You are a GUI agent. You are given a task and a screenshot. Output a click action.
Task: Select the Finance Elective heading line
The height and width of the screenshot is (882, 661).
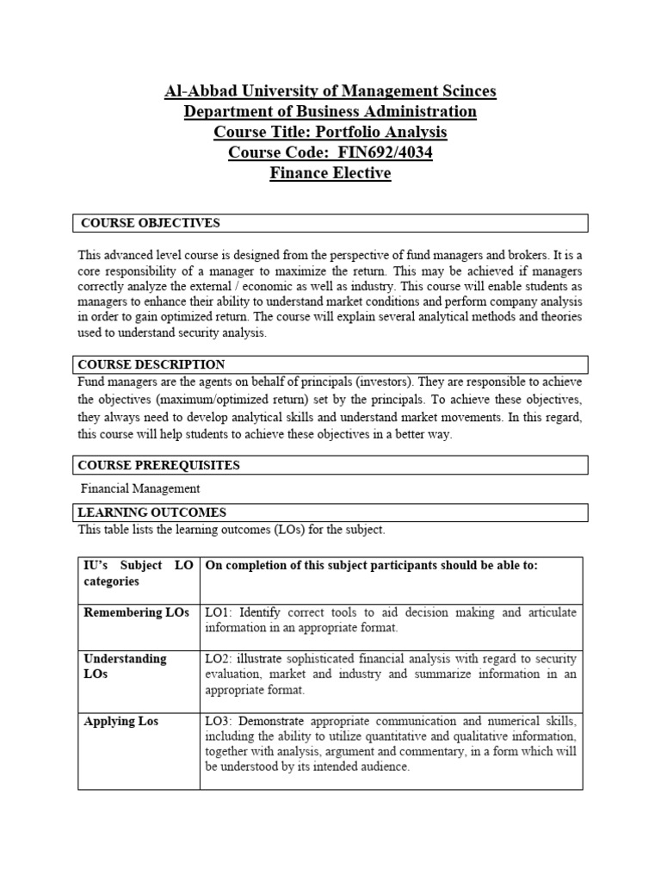tap(330, 174)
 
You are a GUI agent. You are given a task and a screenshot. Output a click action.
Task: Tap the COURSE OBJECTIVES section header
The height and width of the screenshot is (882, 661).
tap(151, 223)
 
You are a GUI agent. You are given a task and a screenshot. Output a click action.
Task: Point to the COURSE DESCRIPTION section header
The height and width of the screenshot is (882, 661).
tap(151, 364)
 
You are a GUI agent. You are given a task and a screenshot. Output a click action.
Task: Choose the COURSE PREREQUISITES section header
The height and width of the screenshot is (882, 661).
tap(158, 465)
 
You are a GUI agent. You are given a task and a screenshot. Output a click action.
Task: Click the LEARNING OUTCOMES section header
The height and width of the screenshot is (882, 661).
tap(151, 512)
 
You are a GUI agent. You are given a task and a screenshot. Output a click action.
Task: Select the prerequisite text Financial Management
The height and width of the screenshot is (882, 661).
tap(140, 488)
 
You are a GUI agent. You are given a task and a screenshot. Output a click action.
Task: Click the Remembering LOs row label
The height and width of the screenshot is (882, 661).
tap(136, 612)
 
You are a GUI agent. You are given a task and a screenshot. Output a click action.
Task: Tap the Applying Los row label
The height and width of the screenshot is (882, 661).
tap(120, 720)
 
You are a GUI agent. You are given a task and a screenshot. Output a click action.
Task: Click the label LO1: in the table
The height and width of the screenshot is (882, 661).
tap(219, 612)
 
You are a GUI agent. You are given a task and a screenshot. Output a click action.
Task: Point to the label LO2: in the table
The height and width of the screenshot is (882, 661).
tap(219, 658)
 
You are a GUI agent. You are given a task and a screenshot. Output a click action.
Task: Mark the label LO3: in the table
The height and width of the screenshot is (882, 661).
tap(219, 720)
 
